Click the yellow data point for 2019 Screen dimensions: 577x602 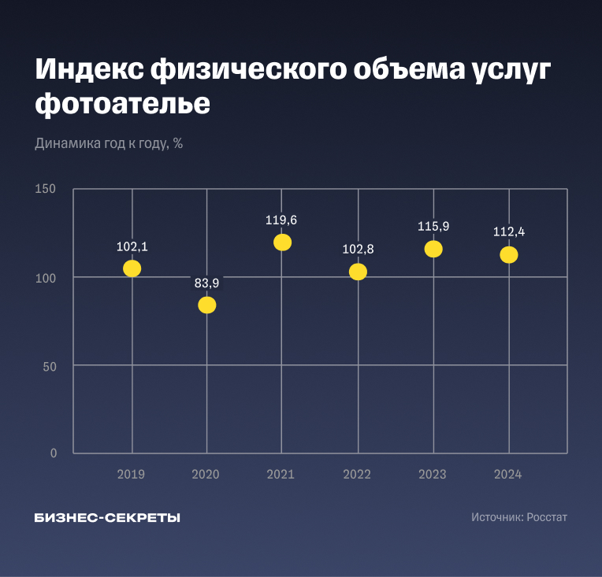coord(132,268)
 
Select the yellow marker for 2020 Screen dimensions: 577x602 coord(207,305)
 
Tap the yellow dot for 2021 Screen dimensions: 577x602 coord(282,242)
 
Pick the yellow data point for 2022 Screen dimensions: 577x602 coord(358,272)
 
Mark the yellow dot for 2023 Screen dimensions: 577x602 coord(433,249)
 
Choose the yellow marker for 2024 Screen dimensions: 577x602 coord(508,255)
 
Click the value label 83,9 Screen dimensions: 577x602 coord(207,283)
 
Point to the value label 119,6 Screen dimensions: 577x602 coord(281,220)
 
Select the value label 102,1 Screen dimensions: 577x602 coord(132,246)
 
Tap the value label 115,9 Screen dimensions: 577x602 coord(433,227)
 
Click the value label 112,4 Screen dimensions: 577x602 coord(508,232)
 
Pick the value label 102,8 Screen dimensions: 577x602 coord(358,250)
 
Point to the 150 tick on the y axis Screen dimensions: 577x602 coord(46,189)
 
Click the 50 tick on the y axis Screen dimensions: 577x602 coord(50,365)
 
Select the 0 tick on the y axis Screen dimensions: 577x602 coord(54,453)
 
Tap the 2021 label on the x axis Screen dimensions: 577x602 coord(281,474)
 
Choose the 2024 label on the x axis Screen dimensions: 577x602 coord(508,474)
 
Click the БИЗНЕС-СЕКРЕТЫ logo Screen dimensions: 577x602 coord(107,518)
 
